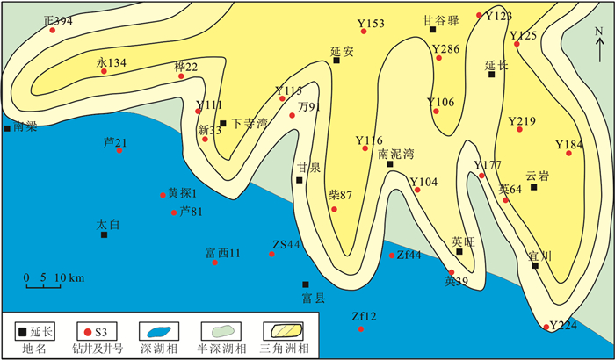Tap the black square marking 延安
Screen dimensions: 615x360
tap(336, 61)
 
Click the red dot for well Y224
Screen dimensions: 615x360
tap(546, 328)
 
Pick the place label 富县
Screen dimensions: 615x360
tap(314, 298)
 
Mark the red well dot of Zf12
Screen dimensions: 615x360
tap(359, 328)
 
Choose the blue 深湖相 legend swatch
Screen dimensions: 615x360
tap(158, 332)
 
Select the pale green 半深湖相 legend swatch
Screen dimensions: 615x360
tap(221, 332)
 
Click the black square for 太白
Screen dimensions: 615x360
tap(104, 234)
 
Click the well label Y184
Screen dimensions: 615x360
tap(568, 144)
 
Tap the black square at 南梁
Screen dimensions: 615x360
tap(8, 128)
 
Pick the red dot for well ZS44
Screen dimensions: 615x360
tap(271, 254)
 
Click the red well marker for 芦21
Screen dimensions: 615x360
tap(119, 150)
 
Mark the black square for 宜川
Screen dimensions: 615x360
tap(535, 265)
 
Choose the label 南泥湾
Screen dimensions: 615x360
tap(394, 152)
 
